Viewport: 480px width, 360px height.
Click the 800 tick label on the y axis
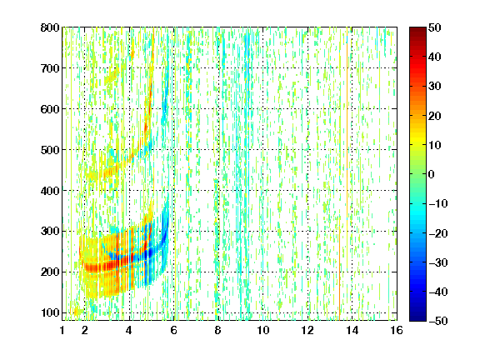50,27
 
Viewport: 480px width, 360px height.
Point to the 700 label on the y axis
50,68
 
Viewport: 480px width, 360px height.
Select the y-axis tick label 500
50,150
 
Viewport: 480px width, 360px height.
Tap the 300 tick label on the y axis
50,232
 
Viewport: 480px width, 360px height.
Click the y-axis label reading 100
50,312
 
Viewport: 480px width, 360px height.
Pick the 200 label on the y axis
50,272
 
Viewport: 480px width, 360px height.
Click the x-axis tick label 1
62,330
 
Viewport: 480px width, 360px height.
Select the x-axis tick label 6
174,330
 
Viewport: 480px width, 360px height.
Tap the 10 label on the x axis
263,330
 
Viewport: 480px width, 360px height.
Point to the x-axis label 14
352,330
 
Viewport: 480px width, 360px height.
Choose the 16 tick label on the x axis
397,330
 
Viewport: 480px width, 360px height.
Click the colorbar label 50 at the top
435,27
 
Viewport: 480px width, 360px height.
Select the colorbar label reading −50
438,321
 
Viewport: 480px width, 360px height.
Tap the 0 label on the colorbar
432,174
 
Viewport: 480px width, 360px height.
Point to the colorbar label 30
435,86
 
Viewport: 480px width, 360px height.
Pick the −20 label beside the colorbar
438,233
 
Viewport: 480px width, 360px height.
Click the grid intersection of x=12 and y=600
307,109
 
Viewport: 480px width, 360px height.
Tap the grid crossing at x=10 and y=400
263,190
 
